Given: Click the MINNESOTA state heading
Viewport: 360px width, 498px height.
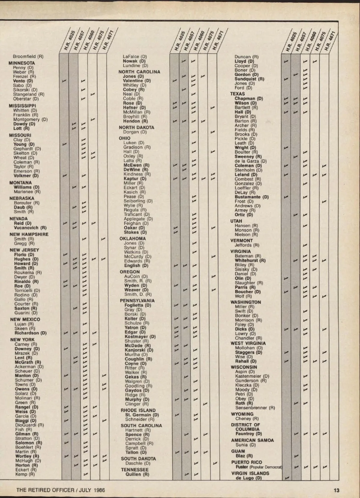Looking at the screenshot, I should point(22,63).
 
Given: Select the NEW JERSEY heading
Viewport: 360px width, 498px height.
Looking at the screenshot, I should point(24,250).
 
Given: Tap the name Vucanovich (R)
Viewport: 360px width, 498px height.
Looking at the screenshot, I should point(30,228).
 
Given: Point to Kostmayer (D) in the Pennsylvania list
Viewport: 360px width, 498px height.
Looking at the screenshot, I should point(140,337).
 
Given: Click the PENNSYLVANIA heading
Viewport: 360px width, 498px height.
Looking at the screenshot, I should point(137,300).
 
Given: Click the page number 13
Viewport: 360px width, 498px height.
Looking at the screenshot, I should point(336,490).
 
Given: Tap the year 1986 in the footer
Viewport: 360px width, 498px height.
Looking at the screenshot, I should point(99,490).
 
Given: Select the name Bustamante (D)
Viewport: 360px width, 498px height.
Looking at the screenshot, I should point(251,197).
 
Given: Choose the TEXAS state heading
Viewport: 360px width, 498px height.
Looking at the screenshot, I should point(237,94).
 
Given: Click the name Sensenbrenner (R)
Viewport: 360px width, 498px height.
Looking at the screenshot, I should point(255,408).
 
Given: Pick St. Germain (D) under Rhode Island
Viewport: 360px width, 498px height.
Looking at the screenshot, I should point(142,415).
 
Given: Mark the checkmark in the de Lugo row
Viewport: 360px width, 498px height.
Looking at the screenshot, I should point(286,478).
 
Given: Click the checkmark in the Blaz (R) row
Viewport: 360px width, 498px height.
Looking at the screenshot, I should point(296,456).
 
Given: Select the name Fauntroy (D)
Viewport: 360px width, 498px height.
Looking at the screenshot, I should point(248,434).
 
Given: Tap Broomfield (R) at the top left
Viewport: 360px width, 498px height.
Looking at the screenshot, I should point(28,56).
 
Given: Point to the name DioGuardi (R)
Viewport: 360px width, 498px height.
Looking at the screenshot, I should point(29,425).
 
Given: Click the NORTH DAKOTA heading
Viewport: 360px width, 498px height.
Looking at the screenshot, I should point(136,127).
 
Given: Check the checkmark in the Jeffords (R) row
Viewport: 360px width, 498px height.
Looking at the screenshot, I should point(305,245).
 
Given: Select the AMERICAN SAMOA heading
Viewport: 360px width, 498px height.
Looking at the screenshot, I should point(252,440).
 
